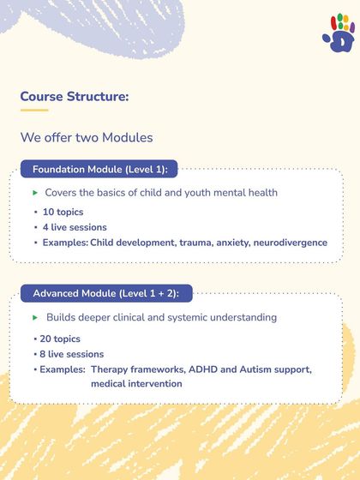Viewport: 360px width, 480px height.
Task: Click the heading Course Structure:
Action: [75, 96]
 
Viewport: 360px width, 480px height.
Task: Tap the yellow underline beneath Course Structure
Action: [34, 110]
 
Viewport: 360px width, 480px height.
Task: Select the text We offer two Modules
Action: [87, 137]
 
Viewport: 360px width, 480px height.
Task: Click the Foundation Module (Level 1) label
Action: [99, 170]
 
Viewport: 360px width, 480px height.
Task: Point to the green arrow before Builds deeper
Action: [35, 317]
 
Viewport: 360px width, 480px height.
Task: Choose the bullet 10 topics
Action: [61, 212]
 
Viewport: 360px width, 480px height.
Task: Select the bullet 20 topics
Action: [60, 339]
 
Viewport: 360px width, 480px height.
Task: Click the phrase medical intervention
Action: [136, 384]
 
